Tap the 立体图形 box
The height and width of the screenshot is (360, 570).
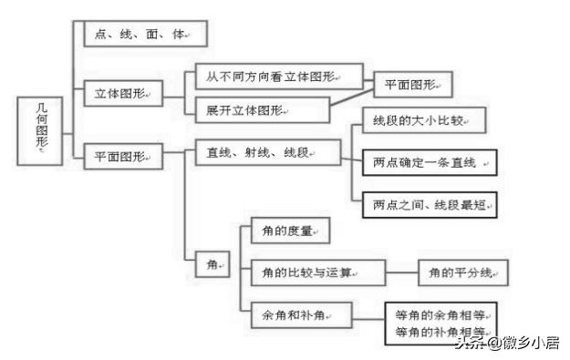pyautogui.click(x=123, y=93)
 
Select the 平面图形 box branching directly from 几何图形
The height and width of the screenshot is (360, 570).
pyautogui.click(x=123, y=155)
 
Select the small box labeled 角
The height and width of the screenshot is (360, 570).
pyautogui.click(x=214, y=264)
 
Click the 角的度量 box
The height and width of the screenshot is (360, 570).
pyautogui.click(x=288, y=231)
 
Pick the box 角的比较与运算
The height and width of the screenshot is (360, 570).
pyautogui.click(x=310, y=272)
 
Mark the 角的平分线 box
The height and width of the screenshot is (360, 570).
pyautogui.click(x=462, y=272)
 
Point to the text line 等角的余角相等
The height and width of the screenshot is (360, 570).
pyautogui.click(x=440, y=315)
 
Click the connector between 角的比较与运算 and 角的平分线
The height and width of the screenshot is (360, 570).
pyautogui.click(x=401, y=272)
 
